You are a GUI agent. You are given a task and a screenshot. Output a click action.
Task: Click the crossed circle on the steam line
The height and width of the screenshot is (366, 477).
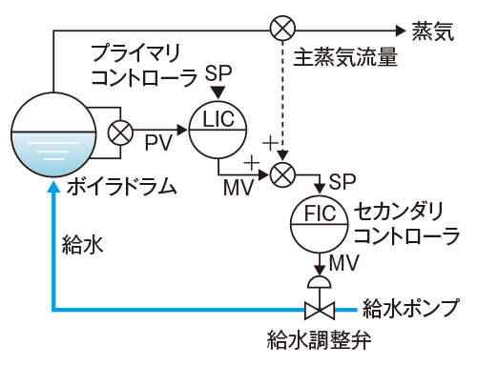[281, 29]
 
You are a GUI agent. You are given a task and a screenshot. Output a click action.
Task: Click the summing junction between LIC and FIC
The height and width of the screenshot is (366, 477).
[282, 174]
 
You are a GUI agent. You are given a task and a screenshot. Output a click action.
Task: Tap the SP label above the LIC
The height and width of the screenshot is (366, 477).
[219, 73]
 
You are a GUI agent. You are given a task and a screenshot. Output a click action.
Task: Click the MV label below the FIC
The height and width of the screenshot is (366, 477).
[342, 261]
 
